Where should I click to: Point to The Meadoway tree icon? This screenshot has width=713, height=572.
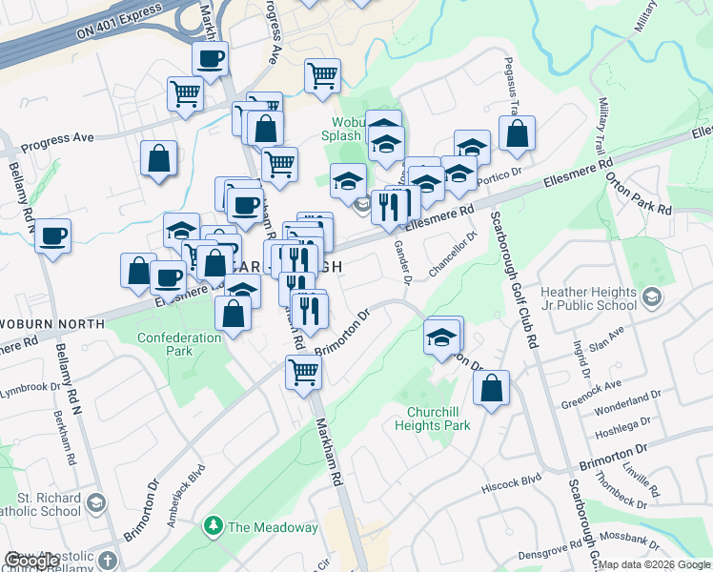click(214, 526)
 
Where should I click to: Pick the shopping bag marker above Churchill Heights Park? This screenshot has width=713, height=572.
click(491, 388)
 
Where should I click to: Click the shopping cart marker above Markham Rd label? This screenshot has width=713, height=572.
click(303, 372)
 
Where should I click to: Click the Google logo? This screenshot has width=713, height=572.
click(31, 562)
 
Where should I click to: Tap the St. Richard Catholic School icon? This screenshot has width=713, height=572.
click(96, 502)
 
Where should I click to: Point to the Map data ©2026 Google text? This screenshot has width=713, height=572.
click(654, 564)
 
